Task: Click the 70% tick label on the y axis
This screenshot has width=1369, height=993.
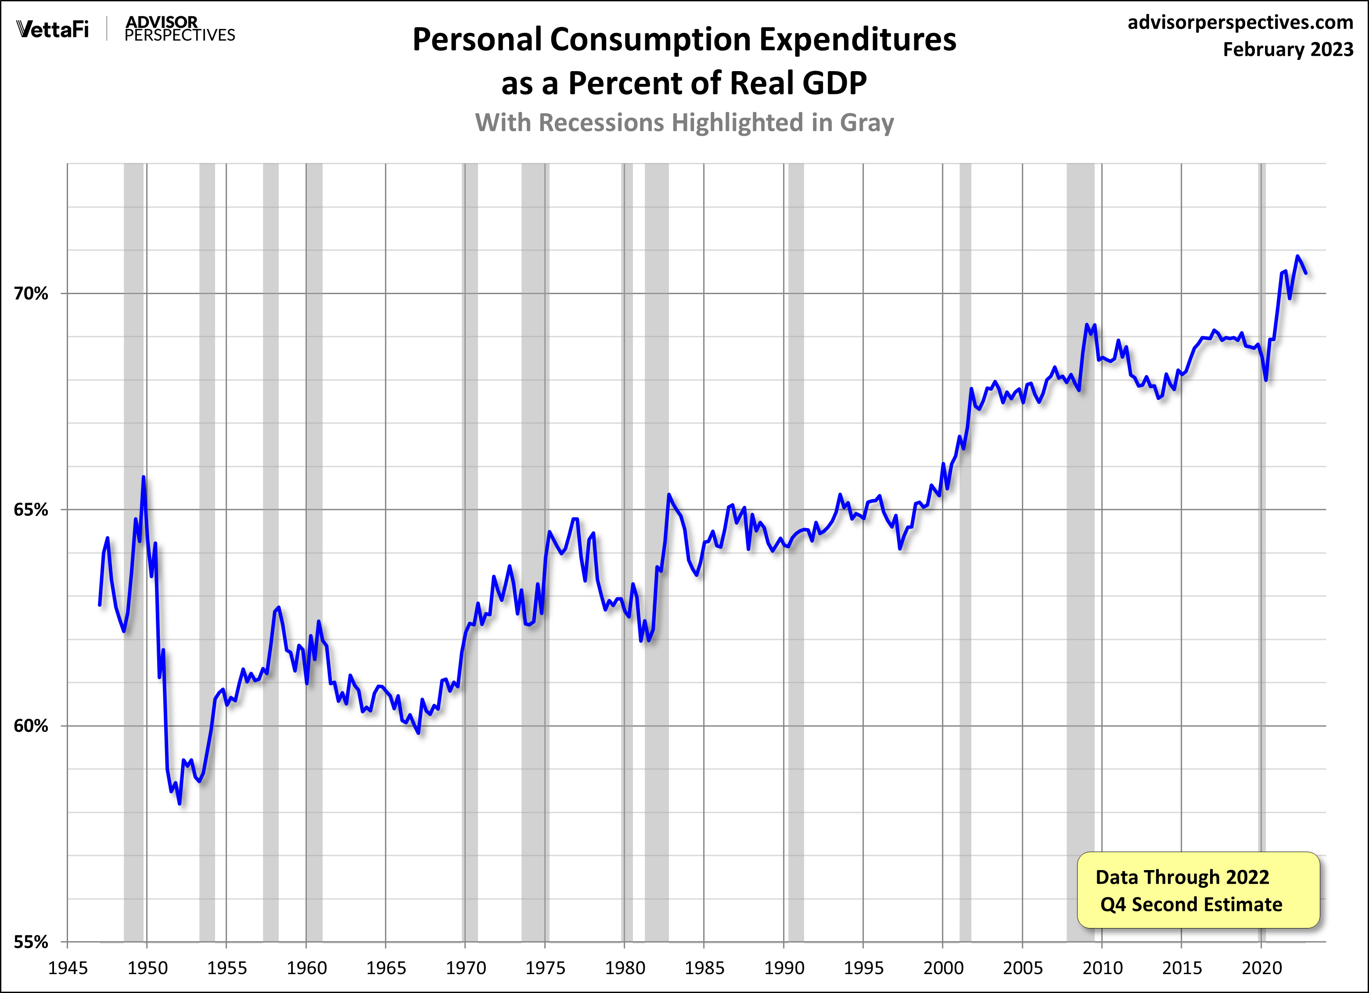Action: pos(31,294)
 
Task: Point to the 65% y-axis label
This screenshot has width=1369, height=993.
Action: pos(31,510)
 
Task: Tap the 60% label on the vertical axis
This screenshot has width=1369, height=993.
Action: pos(31,726)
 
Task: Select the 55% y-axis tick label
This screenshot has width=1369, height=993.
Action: pos(31,942)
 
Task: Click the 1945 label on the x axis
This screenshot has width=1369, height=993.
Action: pos(68,968)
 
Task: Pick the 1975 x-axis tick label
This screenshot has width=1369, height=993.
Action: pos(545,968)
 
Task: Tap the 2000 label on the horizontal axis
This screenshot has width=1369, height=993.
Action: pos(943,968)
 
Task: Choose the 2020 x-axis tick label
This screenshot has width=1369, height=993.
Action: pos(1261,968)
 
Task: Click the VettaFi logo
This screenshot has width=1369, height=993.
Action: pos(53,29)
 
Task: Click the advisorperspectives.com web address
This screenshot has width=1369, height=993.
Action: pos(1240,22)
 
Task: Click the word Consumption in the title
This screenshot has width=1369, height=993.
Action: pos(650,40)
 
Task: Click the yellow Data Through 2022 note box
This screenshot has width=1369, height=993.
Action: pos(1198,890)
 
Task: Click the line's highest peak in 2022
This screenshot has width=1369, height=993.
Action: pos(1297,256)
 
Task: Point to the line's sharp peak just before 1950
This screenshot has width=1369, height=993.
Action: pos(144,478)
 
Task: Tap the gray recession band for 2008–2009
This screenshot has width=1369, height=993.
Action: pos(1081,543)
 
